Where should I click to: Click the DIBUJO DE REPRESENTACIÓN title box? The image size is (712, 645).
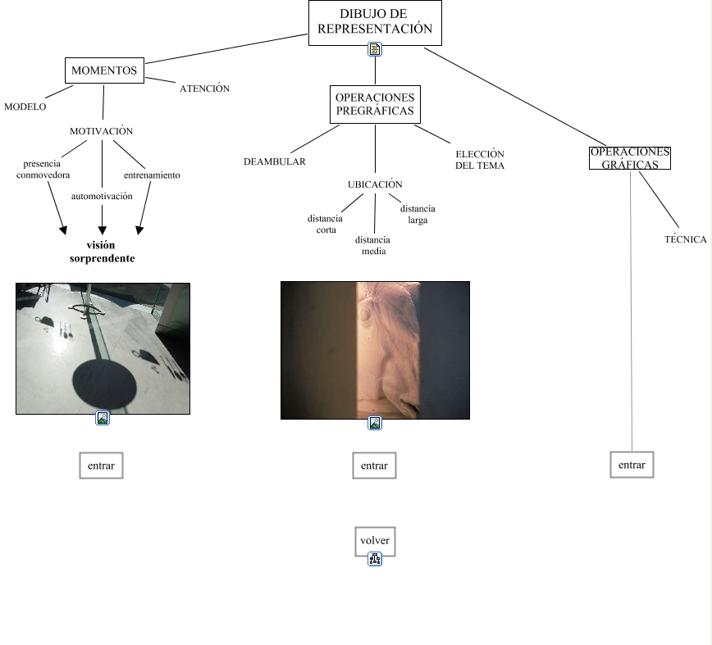pos(375,21)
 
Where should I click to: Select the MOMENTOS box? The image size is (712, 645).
pos(104,70)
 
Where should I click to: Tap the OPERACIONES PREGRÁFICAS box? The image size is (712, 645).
pos(375,104)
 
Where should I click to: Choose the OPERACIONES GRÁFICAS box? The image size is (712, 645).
pos(630,158)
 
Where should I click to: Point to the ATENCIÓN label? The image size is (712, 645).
pos(204,89)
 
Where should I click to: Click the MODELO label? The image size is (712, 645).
pos(25,107)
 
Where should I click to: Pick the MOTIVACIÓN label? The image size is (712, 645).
pos(101,131)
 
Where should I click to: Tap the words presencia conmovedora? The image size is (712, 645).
pos(43,170)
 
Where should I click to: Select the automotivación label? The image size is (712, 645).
pos(102,197)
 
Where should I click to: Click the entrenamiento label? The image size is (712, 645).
pos(152,175)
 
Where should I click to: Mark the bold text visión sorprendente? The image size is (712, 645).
pos(102,252)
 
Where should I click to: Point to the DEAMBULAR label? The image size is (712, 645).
pos(274,161)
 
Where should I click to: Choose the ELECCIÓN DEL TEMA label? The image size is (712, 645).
pos(480,160)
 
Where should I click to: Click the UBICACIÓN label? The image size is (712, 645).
pos(375,184)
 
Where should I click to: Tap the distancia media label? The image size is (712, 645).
pos(373,246)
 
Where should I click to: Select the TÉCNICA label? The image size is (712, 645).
pos(685,240)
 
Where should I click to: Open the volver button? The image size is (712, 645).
pos(375,541)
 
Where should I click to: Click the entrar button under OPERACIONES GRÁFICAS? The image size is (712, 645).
pos(632,465)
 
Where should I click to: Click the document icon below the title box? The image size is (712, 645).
pos(375,50)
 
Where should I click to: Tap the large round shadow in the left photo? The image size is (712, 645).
pos(104,383)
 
